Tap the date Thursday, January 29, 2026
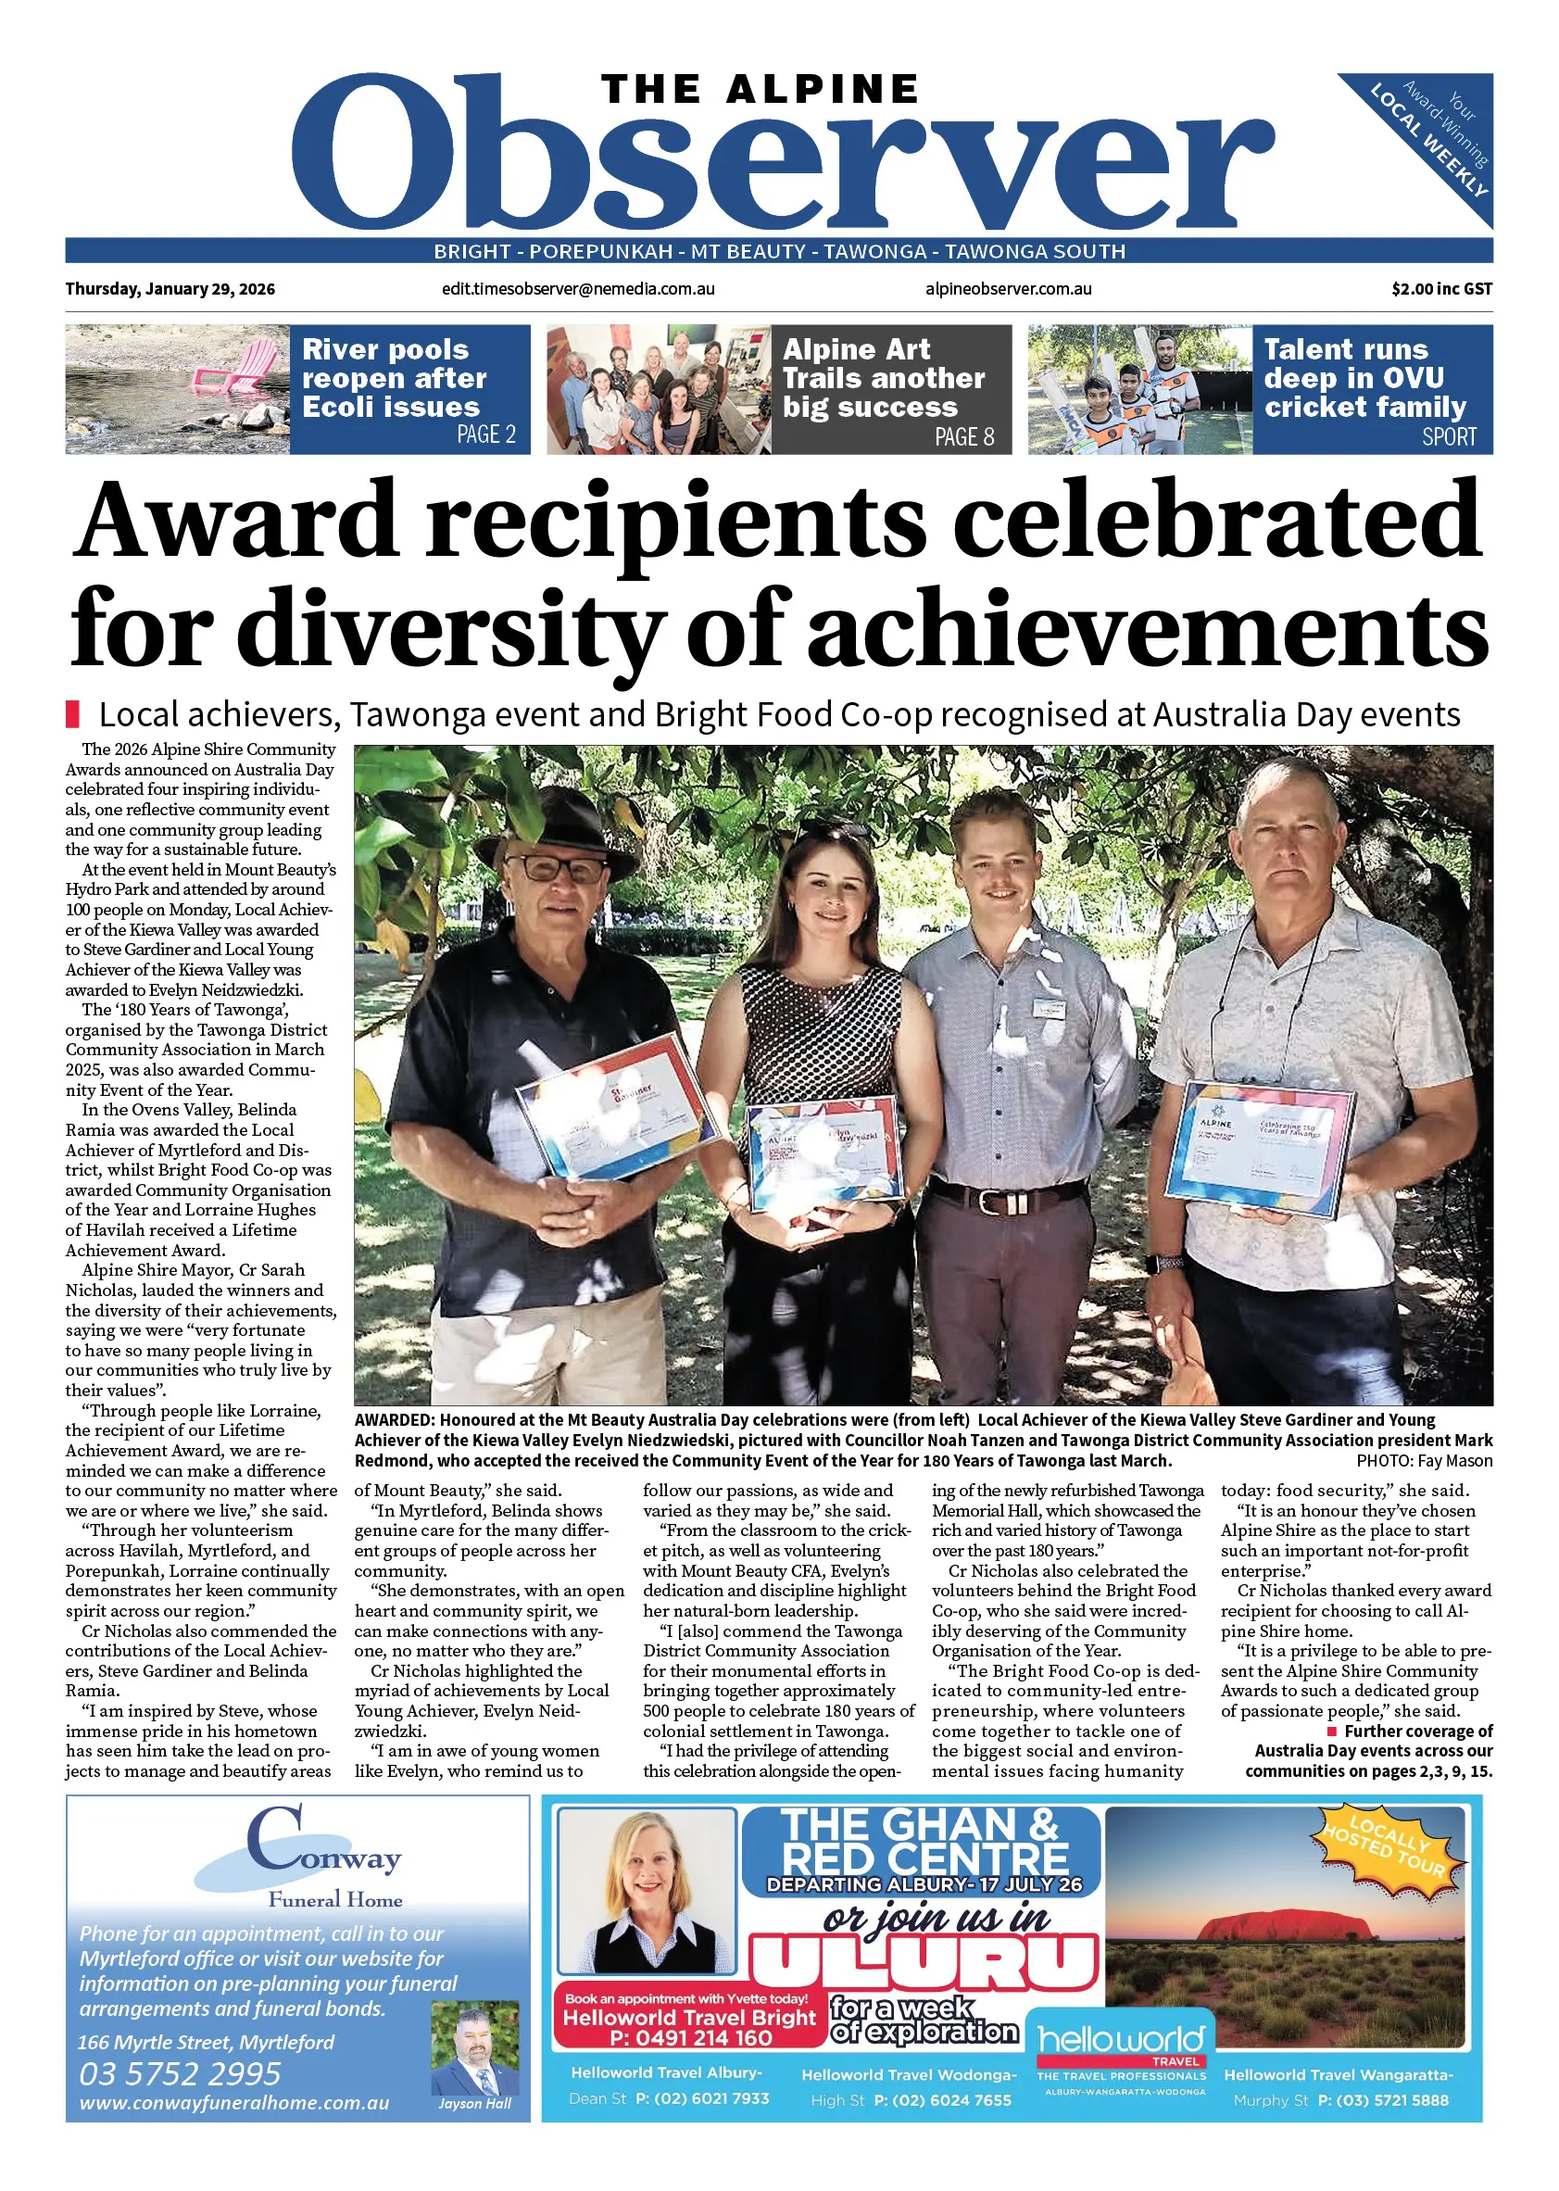(170, 289)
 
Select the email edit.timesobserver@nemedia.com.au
(578, 289)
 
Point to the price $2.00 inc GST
(1441, 289)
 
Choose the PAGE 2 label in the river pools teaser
(485, 434)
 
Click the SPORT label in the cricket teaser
(1449, 437)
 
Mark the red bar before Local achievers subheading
(72, 714)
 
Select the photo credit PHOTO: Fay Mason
(1424, 1461)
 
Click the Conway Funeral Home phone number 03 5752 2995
(181, 2074)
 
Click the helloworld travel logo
(1120, 2042)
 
